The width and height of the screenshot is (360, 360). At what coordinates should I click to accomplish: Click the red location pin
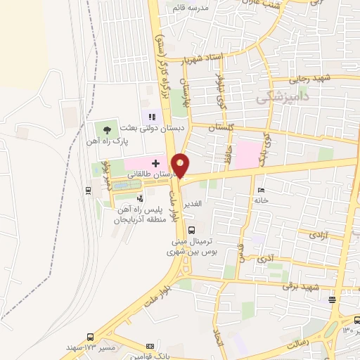coord(181,165)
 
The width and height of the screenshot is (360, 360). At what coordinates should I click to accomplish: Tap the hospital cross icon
coord(155,162)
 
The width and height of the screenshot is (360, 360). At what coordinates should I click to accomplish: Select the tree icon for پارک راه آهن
coord(106,129)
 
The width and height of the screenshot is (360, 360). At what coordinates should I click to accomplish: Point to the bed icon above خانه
coord(262,190)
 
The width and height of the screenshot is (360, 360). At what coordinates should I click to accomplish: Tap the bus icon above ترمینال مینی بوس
coord(191,229)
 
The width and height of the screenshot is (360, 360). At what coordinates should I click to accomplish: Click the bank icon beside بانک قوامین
coord(149,346)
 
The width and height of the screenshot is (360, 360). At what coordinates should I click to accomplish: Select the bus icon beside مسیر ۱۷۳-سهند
coord(89,337)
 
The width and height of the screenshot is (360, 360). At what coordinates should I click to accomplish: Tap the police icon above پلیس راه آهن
coord(139,198)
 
